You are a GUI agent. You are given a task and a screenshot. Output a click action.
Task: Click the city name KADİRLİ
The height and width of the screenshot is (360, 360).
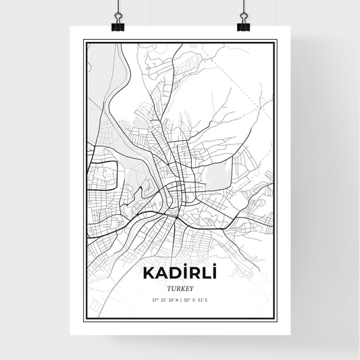[x=179, y=273]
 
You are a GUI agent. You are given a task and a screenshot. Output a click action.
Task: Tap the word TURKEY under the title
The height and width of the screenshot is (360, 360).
[x=179, y=287]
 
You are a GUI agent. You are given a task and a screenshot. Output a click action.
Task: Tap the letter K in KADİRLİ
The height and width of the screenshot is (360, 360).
[x=147, y=274]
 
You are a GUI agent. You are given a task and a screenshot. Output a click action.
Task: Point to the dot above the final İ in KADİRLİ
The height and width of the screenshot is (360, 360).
[x=213, y=265]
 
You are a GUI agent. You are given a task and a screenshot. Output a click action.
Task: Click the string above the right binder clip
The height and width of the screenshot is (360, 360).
[x=242, y=8]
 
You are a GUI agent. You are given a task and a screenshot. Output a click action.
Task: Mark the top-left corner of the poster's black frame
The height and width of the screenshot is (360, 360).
[x=84, y=41]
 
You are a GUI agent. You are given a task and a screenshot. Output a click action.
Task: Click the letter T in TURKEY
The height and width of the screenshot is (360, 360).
[x=166, y=287]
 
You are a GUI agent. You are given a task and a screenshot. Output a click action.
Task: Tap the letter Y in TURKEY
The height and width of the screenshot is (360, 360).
[x=192, y=287]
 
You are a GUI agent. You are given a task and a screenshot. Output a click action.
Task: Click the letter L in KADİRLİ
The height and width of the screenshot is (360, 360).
[x=204, y=274]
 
